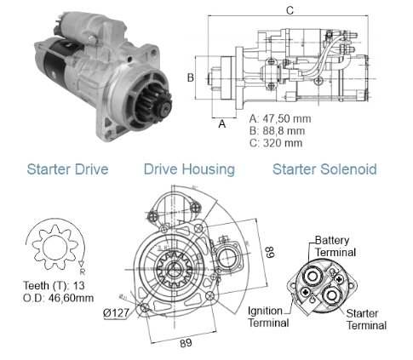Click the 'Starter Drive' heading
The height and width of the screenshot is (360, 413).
pos(67,169)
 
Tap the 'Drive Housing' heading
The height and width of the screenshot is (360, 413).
pos(189,169)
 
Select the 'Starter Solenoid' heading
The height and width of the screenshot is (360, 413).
pos(324,169)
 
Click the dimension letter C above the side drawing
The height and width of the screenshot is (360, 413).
pos(290,10)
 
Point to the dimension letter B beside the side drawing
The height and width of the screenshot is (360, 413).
pos(191,77)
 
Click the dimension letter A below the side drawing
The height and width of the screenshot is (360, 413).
pos(222,123)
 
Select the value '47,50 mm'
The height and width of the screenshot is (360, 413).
pos(287,118)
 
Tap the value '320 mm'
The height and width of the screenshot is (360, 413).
pos(283,143)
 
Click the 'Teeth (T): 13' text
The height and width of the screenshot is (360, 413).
pos(54,285)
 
